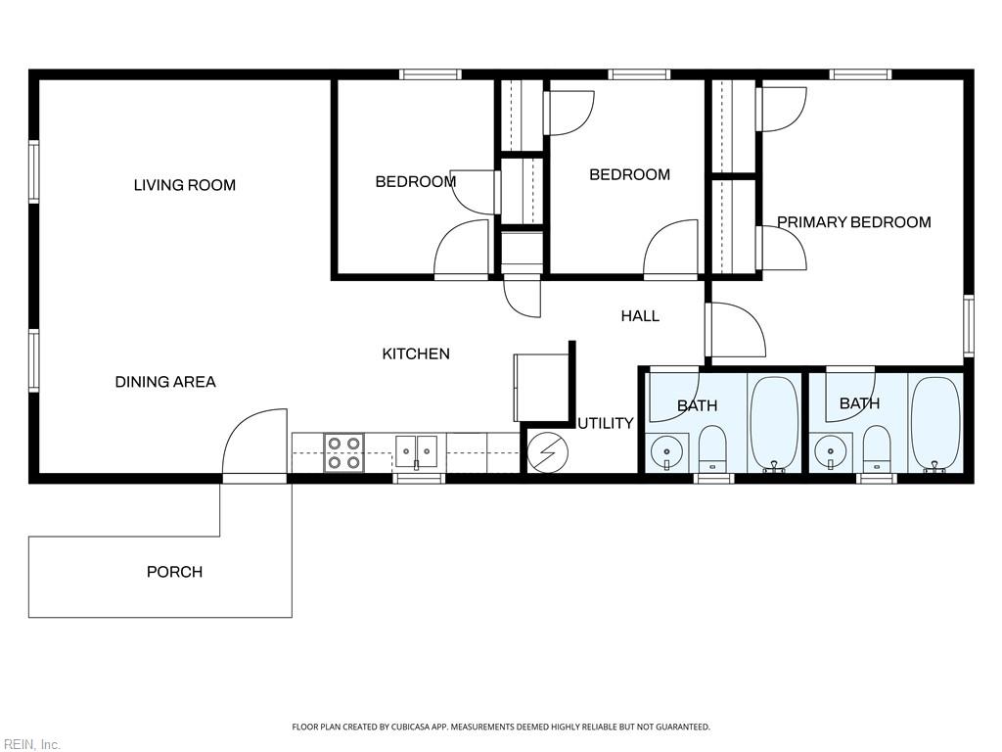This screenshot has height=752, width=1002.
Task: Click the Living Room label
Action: pyautogui.click(x=184, y=185)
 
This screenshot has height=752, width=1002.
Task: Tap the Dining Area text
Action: pyautogui.click(x=165, y=382)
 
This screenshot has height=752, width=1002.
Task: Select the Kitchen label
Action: pyautogui.click(x=416, y=353)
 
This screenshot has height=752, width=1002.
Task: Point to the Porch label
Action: pyautogui.click(x=174, y=572)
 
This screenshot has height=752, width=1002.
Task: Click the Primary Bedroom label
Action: pyautogui.click(x=853, y=222)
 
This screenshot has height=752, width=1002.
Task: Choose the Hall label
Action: pyautogui.click(x=640, y=315)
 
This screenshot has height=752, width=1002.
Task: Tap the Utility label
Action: pyautogui.click(x=605, y=423)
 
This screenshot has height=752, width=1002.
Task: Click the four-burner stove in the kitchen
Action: pyautogui.click(x=343, y=453)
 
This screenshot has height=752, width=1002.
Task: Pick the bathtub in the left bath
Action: pyautogui.click(x=774, y=423)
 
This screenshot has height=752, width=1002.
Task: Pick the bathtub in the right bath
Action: pyautogui.click(x=935, y=423)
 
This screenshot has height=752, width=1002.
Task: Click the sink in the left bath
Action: pyautogui.click(x=667, y=451)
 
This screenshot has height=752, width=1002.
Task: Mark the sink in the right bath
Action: pyautogui.click(x=831, y=451)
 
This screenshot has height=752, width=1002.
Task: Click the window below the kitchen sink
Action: pyautogui.click(x=419, y=478)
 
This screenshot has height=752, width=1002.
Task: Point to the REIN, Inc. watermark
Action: pyautogui.click(x=31, y=744)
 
